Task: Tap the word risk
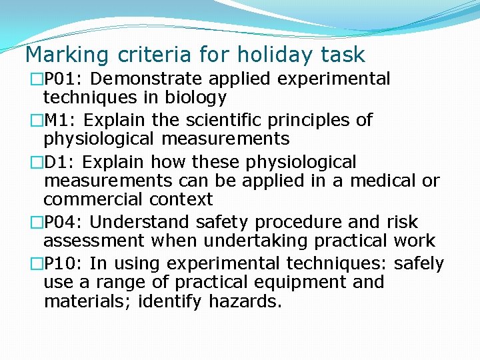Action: coord(403,222)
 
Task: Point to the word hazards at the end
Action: coord(245,301)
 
